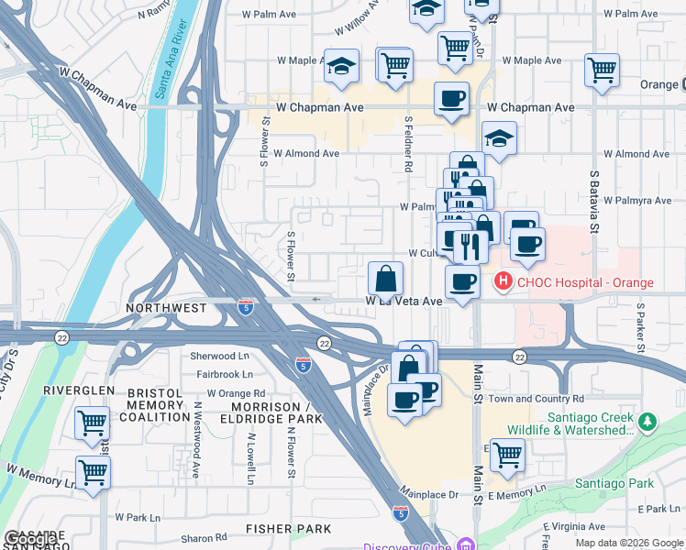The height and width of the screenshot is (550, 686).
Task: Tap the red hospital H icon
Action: tap(503, 281)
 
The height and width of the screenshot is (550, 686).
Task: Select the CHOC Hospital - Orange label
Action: tap(584, 282)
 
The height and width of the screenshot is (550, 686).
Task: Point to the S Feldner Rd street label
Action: tap(407, 145)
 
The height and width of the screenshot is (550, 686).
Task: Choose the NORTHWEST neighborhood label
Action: tap(167, 309)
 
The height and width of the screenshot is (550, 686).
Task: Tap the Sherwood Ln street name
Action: tap(219, 356)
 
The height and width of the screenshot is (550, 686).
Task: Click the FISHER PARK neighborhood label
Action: tap(288, 529)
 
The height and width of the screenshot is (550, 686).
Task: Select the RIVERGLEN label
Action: tap(79, 390)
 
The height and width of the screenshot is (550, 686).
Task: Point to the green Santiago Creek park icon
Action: tap(649, 422)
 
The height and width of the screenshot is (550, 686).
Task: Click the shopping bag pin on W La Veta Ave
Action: tap(386, 278)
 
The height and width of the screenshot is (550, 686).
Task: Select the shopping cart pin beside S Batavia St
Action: tap(602, 70)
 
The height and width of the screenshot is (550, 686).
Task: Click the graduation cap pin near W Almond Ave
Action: tap(499, 138)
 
